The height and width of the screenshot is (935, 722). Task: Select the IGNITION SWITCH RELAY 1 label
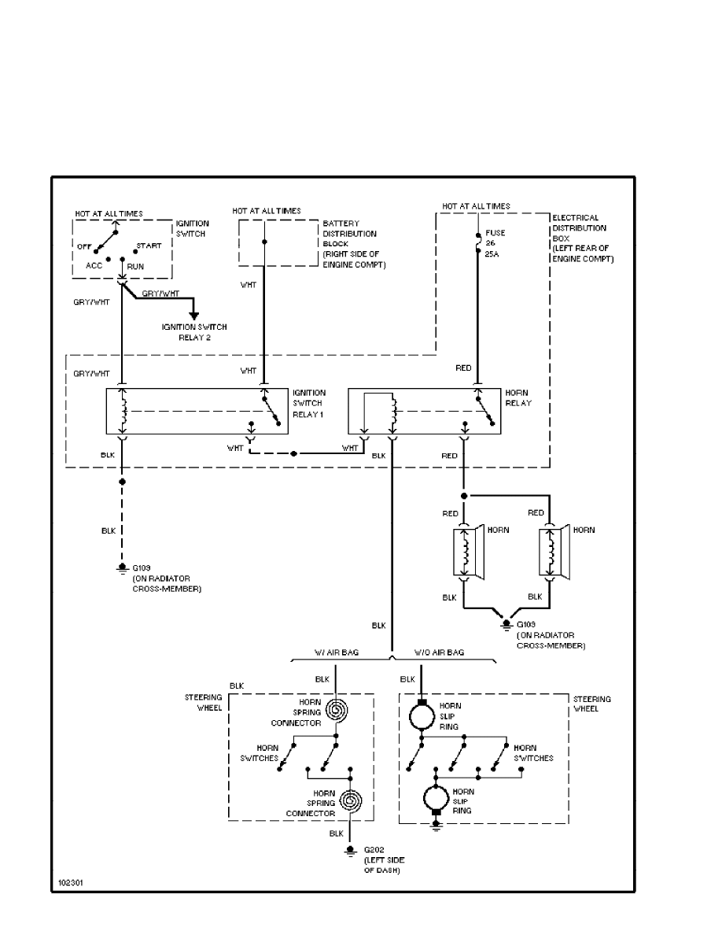pos(308,403)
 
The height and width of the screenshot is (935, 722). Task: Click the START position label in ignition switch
pos(149,246)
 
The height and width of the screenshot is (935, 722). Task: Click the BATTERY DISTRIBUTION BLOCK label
pos(349,243)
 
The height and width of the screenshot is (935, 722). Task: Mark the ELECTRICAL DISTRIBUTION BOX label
pos(582,238)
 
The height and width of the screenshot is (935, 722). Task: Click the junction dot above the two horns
pos(464,496)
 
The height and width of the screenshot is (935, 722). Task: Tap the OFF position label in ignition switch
pos(85,246)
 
